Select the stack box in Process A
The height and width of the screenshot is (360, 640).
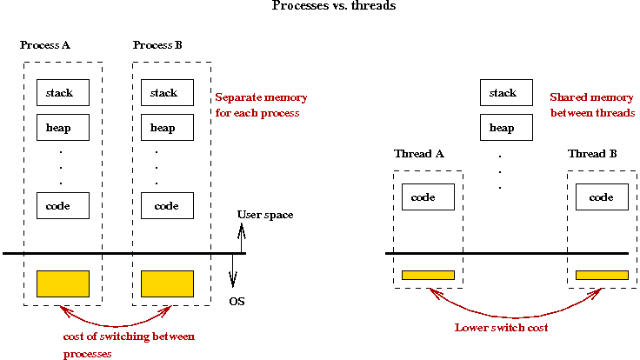(63, 93)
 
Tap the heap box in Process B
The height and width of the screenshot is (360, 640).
(167, 128)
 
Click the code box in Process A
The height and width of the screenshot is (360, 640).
(63, 206)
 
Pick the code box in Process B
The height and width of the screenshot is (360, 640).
(167, 206)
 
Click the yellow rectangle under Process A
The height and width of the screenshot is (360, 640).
(63, 283)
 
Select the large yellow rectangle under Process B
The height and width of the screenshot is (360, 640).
(167, 283)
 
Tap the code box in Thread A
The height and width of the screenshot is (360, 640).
(428, 197)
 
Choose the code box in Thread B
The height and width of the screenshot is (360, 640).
(602, 197)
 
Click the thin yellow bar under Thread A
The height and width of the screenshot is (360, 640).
(428, 275)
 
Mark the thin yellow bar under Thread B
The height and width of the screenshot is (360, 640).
(602, 275)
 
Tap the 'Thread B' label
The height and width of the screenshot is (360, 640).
(592, 154)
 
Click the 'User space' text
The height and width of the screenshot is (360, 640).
(265, 215)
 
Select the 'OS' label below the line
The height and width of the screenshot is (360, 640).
(237, 302)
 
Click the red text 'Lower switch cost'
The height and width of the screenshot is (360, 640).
(502, 328)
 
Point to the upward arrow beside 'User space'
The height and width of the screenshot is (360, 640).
(242, 233)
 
